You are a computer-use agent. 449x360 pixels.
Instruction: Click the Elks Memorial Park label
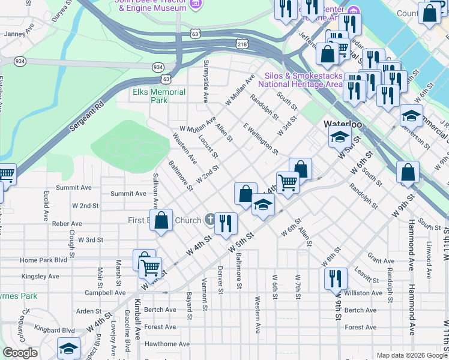point(158,97)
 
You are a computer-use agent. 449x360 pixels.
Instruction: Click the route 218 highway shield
point(241,44)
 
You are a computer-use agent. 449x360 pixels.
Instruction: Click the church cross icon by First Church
point(209,220)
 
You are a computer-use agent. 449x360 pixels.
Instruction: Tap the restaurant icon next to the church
point(226,224)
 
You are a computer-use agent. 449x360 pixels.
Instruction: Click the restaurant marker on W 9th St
point(336,278)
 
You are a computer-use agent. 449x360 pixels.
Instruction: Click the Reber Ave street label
point(67,223)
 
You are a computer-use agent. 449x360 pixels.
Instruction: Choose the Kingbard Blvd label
point(55,329)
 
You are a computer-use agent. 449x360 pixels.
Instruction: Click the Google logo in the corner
point(20,353)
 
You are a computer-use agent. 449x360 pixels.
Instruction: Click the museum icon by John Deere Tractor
point(194,5)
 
